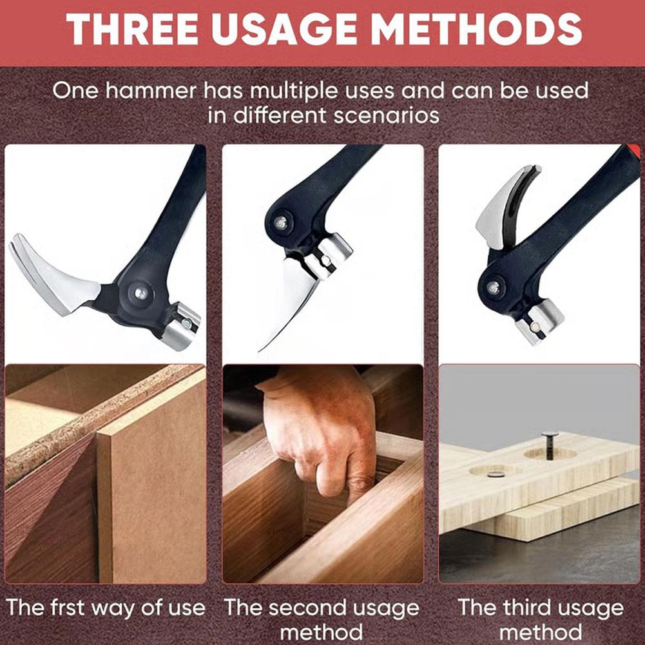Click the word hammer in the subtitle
pos(151,90)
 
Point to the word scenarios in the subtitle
pos(387,115)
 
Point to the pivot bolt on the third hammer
pos(493,287)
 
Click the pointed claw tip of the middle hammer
pos(260,351)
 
